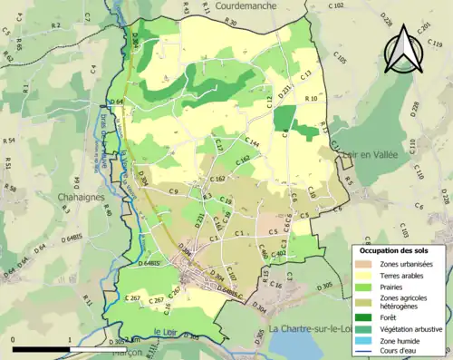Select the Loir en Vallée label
(x=373, y=155)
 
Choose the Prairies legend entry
(x=397, y=289)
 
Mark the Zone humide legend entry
(x=403, y=341)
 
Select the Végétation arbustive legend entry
(x=413, y=328)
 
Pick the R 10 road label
(x=311, y=98)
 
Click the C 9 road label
(x=173, y=191)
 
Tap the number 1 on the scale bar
(x=70, y=338)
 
